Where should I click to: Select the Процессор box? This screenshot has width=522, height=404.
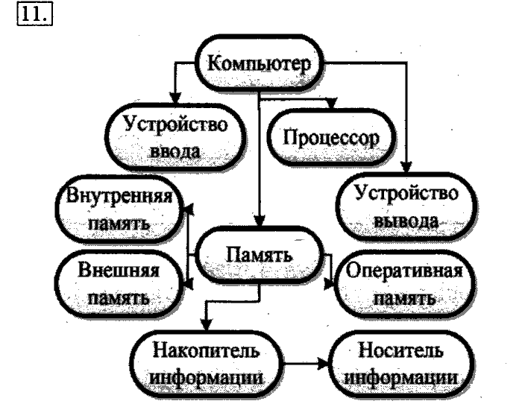(331, 138)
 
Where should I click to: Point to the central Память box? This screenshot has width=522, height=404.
(258, 259)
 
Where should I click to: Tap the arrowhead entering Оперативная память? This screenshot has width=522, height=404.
(332, 282)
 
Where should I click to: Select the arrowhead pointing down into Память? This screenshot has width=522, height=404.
(258, 224)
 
